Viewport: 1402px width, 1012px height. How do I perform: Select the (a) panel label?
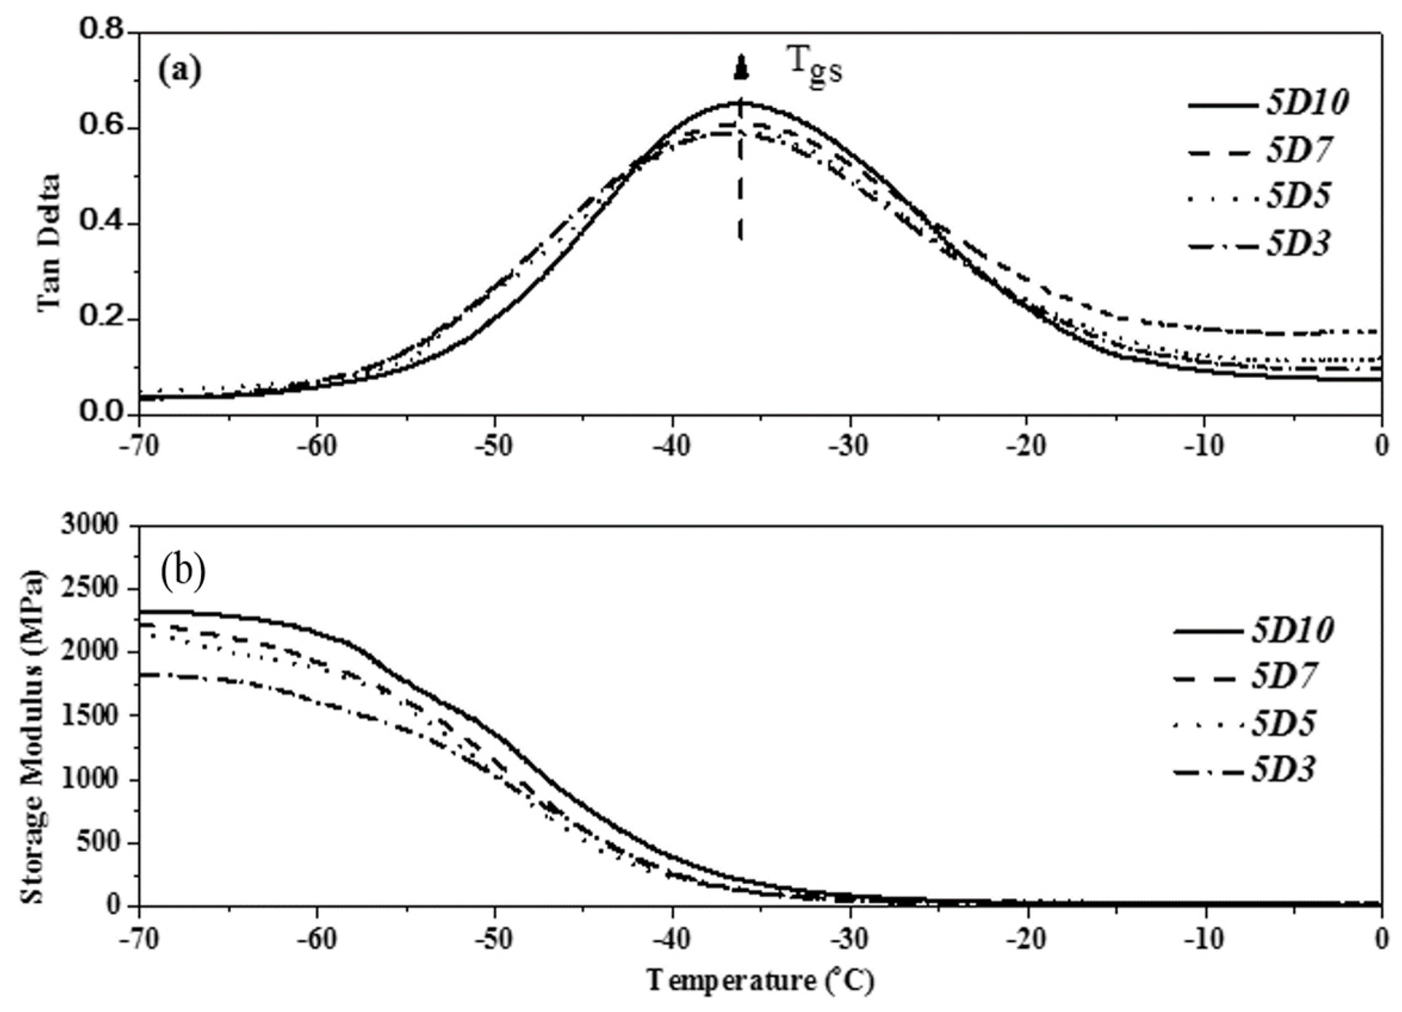click(179, 72)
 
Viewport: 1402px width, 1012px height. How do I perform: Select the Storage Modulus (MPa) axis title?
click(34, 714)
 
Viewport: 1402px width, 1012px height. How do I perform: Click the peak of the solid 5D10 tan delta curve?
click(741, 103)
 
